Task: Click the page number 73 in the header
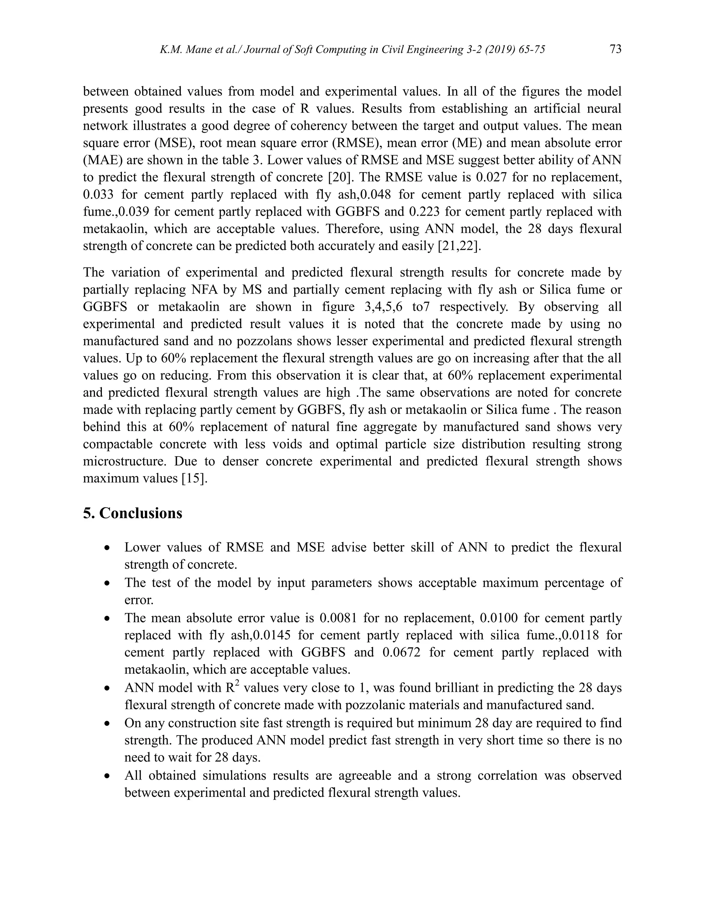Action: pyautogui.click(x=615, y=49)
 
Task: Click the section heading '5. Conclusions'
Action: pyautogui.click(x=133, y=513)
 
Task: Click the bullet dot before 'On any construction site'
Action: pyautogui.click(x=108, y=724)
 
